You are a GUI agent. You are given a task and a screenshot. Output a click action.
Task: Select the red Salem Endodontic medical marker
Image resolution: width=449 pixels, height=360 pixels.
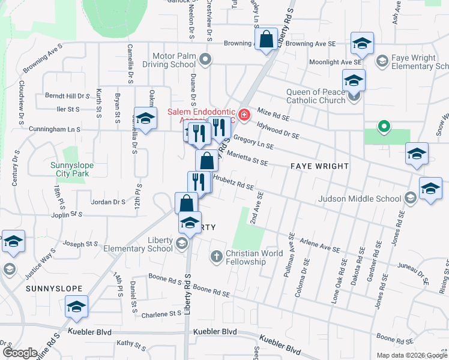tap(244, 115)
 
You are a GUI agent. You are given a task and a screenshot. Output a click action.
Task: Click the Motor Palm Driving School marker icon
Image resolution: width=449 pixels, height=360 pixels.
tap(206, 59)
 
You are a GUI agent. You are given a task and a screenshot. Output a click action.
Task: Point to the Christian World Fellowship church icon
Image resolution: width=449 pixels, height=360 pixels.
tap(217, 257)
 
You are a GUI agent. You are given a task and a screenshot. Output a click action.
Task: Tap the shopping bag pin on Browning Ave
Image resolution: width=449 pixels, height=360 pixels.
tap(265, 41)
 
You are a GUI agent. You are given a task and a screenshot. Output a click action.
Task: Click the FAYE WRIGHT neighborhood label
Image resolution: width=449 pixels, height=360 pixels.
tap(320, 166)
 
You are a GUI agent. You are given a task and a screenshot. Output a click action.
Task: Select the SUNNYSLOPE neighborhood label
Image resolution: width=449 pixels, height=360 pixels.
tap(53, 289)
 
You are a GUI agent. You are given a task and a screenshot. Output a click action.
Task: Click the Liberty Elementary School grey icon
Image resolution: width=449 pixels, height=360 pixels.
tap(182, 244)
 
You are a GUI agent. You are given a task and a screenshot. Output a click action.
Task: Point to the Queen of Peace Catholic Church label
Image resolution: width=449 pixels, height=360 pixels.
tap(316, 96)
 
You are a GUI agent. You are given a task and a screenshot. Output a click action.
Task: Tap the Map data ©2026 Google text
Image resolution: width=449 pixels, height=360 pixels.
tap(411, 355)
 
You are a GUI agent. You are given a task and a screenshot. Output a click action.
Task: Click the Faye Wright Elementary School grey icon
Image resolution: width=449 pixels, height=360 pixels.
tap(381, 61)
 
